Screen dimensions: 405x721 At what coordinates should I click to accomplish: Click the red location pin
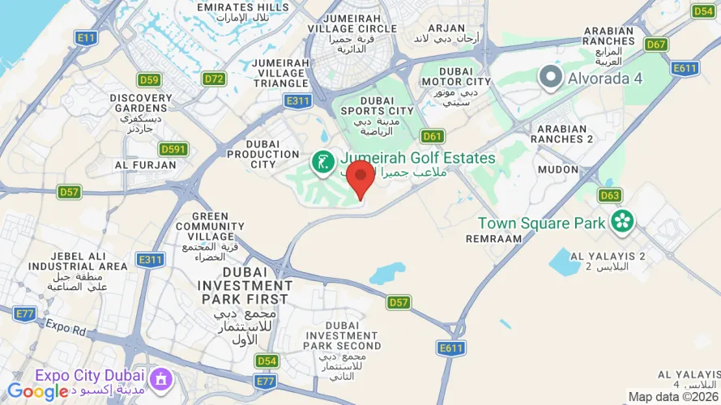(x=360, y=177)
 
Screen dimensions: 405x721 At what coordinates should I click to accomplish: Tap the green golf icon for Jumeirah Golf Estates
(x=324, y=161)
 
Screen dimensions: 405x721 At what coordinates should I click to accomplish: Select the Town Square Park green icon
(x=622, y=220)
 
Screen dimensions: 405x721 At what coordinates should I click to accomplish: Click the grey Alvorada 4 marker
(x=551, y=78)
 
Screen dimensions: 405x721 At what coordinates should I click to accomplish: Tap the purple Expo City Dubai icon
(x=162, y=377)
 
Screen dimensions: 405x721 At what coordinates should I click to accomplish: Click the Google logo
(x=37, y=392)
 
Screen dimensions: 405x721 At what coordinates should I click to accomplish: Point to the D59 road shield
(x=149, y=79)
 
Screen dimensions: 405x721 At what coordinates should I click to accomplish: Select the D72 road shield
(x=214, y=79)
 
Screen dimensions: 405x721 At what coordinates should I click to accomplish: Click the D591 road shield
(x=173, y=149)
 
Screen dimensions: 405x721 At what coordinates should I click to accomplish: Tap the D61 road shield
(x=433, y=136)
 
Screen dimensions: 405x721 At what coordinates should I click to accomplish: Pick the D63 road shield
(x=610, y=195)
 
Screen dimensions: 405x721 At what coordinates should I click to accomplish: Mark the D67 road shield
(x=657, y=45)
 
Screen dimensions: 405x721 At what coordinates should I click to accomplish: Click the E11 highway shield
(x=86, y=37)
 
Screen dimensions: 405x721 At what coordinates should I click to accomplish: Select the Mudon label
(x=558, y=170)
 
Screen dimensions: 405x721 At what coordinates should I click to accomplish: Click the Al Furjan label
(x=146, y=164)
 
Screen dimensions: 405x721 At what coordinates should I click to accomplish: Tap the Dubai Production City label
(x=263, y=153)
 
